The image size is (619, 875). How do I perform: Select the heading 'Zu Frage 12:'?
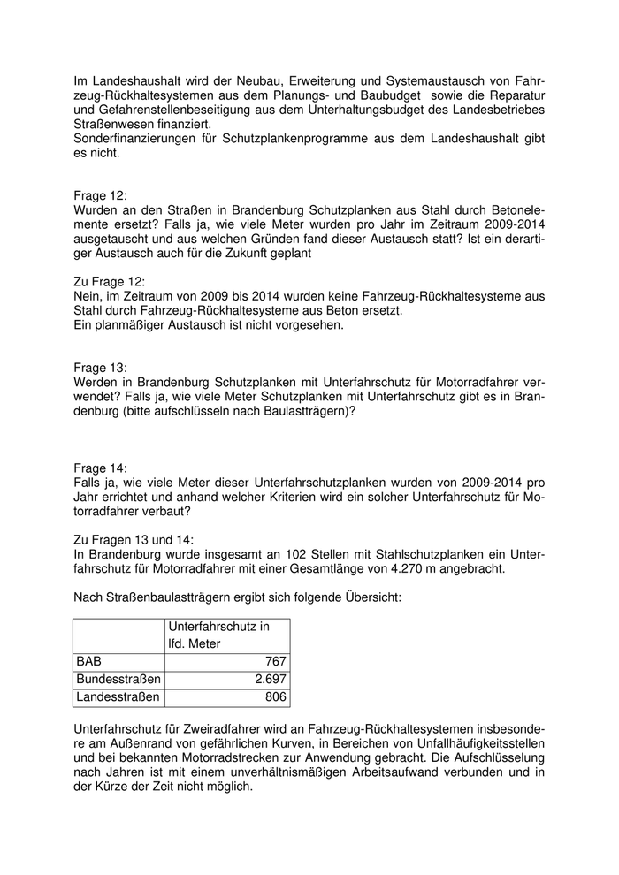pyautogui.click(x=110, y=282)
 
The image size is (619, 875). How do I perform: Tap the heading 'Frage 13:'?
pyautogui.click(x=101, y=367)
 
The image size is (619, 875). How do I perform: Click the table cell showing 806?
pyautogui.click(x=275, y=697)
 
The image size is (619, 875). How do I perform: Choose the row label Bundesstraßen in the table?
pyautogui.click(x=118, y=679)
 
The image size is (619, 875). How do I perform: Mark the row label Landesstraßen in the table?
pyautogui.click(x=118, y=697)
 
